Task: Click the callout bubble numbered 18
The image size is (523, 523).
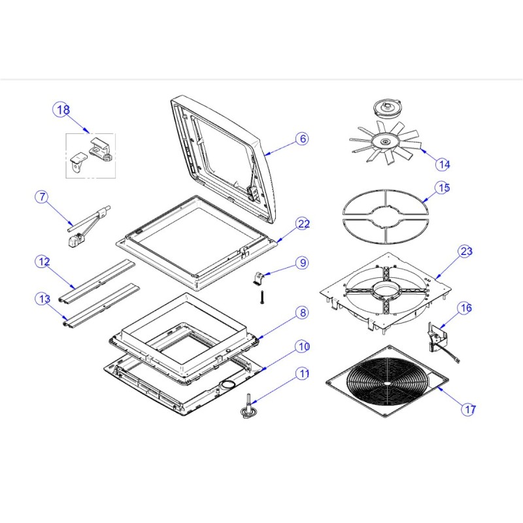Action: (61, 110)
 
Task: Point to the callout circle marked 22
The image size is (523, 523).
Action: (302, 224)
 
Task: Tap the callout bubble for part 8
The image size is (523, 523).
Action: (301, 313)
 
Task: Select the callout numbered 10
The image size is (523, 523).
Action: (302, 345)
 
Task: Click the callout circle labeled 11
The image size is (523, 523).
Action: (302, 374)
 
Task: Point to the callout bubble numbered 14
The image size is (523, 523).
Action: (444, 163)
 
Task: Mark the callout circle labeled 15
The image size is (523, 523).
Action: (443, 188)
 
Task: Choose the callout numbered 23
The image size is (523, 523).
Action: (465, 251)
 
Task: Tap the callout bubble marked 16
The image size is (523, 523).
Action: (465, 307)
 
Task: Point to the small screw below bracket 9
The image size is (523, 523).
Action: (261, 297)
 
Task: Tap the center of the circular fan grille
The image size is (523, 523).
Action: (387, 383)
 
